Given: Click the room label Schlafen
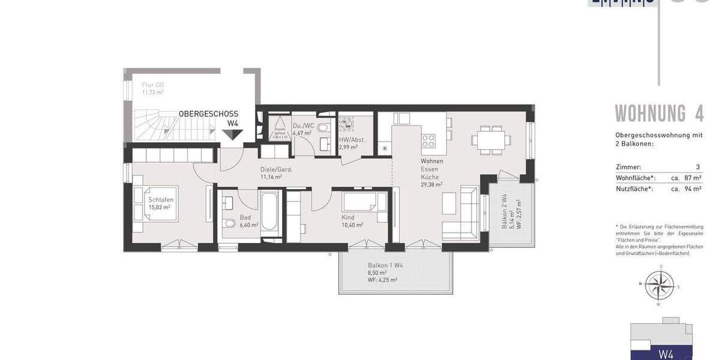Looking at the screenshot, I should click(x=161, y=200).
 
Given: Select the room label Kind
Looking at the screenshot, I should click(x=348, y=217).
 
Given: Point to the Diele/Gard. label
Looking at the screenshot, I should click(x=276, y=169).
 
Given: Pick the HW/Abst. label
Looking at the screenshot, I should click(x=352, y=139).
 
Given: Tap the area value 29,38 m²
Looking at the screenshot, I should click(x=431, y=185).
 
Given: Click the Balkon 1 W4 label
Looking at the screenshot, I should click(x=385, y=265).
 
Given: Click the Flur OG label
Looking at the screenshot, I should click(x=153, y=85).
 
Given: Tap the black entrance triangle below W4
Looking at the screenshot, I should click(x=232, y=136).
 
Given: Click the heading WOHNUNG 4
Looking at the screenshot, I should click(x=659, y=113).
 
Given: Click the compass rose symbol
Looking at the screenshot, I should click(x=661, y=284).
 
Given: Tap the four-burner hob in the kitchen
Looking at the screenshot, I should click(x=429, y=140).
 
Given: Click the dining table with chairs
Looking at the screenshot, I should click(x=491, y=139).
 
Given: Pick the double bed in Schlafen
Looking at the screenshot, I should click(x=156, y=203).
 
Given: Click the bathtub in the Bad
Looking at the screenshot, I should click(x=269, y=211).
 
